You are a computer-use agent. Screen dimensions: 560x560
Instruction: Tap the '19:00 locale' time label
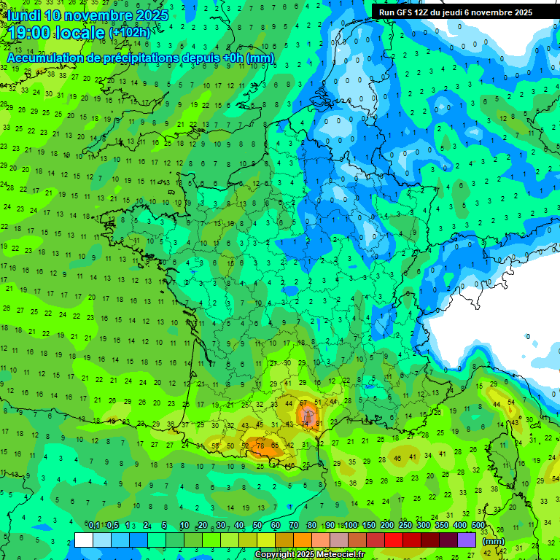(x=55, y=32)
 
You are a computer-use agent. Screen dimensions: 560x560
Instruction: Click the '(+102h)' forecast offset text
(x=130, y=33)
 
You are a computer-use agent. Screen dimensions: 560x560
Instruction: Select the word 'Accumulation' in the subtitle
(x=44, y=58)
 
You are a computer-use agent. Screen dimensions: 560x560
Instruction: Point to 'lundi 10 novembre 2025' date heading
(x=87, y=15)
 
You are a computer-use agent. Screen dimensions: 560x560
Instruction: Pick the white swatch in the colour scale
(x=84, y=540)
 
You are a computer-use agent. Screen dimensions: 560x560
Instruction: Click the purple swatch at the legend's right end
(x=467, y=540)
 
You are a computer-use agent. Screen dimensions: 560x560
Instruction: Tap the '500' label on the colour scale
(x=478, y=526)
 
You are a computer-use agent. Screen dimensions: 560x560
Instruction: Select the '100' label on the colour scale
(x=351, y=526)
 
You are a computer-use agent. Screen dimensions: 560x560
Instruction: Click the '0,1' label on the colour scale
(x=94, y=526)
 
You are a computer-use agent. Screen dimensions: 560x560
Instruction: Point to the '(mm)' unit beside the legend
(x=494, y=541)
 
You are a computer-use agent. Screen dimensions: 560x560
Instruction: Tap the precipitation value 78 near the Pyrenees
(x=260, y=446)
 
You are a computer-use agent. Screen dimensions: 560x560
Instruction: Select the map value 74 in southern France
(x=305, y=425)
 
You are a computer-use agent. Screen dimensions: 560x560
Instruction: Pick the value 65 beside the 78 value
(x=274, y=446)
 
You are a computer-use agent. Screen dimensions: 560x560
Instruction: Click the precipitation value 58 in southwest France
(x=215, y=446)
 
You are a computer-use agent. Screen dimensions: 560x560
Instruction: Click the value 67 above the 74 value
(x=303, y=403)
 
